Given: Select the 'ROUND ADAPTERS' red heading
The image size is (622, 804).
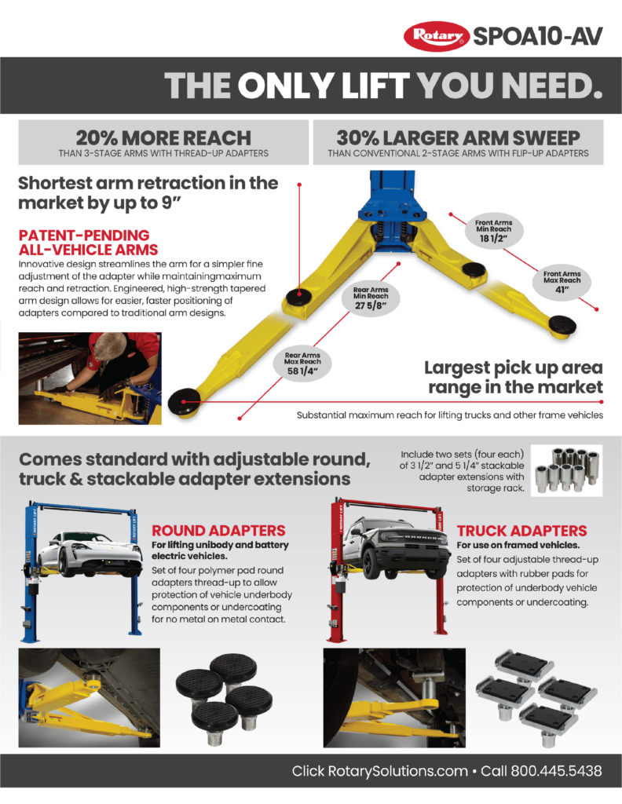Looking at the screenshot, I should pos(218,531).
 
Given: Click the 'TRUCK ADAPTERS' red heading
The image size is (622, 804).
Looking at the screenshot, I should pos(521,531).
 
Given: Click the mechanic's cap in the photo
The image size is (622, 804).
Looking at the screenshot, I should pos(106,345).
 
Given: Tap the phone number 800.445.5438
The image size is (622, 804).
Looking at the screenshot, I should pos(556,770).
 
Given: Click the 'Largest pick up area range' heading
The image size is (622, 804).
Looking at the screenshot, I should pos(514,377).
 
